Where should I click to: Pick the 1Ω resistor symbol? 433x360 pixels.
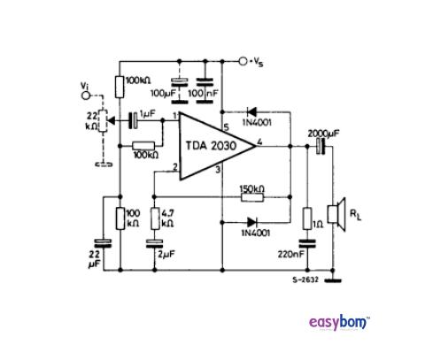[305, 219]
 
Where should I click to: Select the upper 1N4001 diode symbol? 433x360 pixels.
[251, 111]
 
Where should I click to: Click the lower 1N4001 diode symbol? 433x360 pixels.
[251, 221]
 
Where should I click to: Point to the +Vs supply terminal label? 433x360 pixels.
[258, 61]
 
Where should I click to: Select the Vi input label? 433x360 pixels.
[84, 86]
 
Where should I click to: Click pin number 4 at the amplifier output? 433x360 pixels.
[259, 142]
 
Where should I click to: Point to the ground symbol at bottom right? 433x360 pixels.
[334, 283]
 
